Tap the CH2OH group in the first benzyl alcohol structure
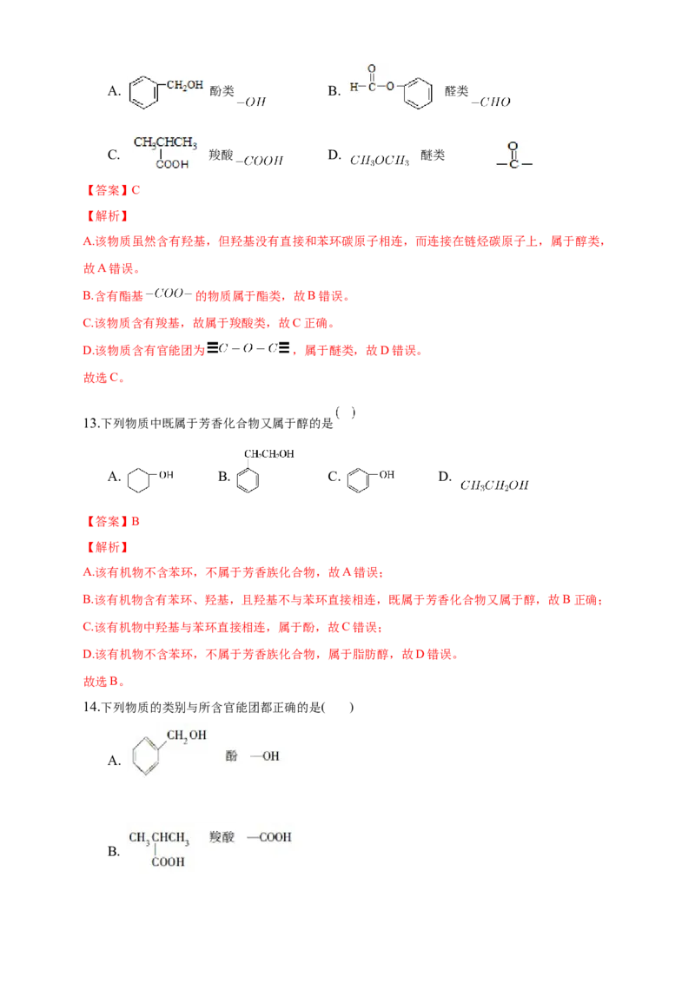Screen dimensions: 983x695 pyautogui.click(x=185, y=84)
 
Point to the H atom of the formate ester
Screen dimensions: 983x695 pyautogui.click(x=353, y=87)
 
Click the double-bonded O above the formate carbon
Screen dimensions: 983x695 pyautogui.click(x=371, y=69)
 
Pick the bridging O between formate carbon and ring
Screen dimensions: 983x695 pyautogui.click(x=391, y=87)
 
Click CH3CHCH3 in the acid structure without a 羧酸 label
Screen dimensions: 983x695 pyautogui.click(x=165, y=142)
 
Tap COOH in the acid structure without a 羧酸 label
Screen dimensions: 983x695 pyautogui.click(x=171, y=164)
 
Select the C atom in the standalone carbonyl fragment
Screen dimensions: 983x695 pyautogui.click(x=513, y=164)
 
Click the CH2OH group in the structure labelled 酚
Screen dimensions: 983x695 pyautogui.click(x=186, y=736)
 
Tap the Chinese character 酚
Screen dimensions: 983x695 pyautogui.click(x=231, y=756)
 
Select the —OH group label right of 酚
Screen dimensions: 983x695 pyautogui.click(x=265, y=756)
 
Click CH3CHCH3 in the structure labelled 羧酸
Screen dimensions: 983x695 pyautogui.click(x=159, y=838)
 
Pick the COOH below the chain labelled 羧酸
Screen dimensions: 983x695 pyautogui.click(x=168, y=862)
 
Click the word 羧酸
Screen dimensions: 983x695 pyautogui.click(x=222, y=837)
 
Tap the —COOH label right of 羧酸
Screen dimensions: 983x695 pyautogui.click(x=269, y=837)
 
